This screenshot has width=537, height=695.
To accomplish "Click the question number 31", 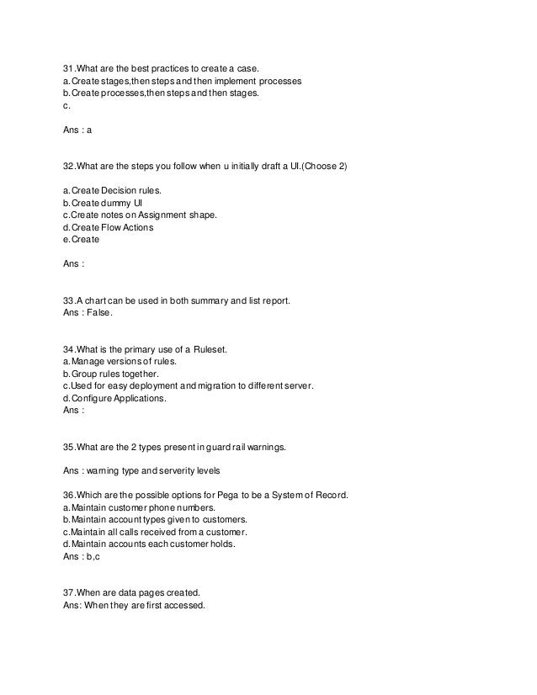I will tap(69, 69).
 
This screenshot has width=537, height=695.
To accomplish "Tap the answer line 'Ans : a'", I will tap(83, 130).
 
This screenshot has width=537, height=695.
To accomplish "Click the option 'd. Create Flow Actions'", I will tap(109, 227).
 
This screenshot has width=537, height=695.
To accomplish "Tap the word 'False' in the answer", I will tap(98, 312).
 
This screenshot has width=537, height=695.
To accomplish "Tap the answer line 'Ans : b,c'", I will tap(86, 556).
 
